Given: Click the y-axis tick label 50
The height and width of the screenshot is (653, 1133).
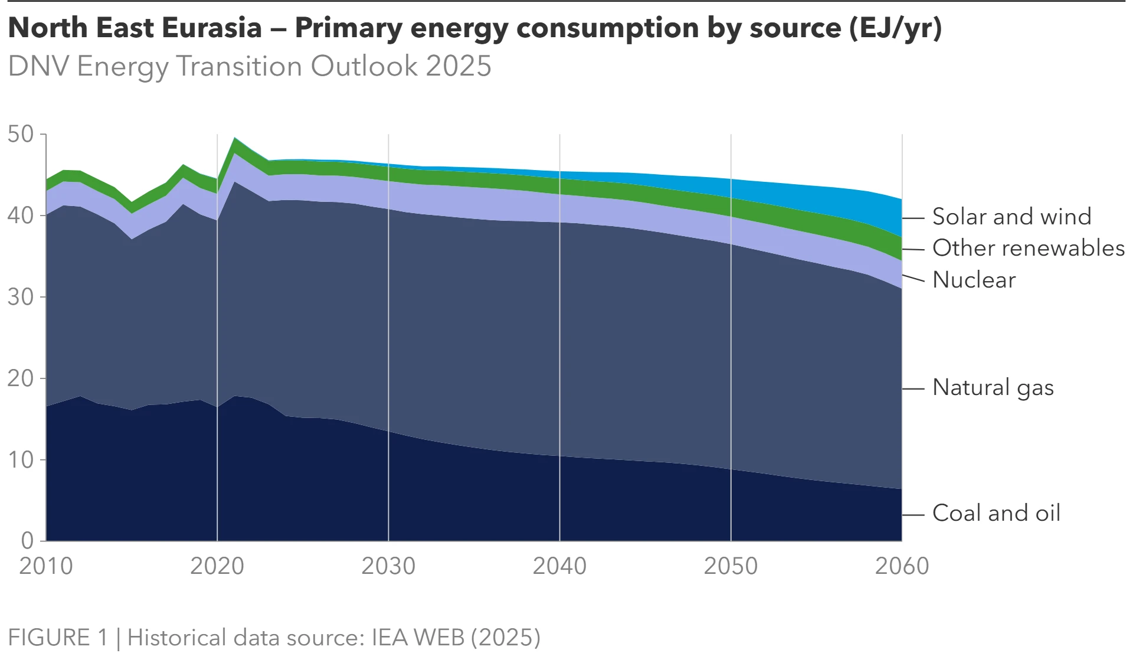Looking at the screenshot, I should [21, 135].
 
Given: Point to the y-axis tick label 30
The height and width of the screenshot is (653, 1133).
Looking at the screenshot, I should [21, 297].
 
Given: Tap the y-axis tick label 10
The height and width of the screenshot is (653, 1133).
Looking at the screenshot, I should [21, 460].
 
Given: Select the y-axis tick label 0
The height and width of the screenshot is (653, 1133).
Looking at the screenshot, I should [28, 541].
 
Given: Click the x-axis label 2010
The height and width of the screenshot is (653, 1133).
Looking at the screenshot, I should [46, 566].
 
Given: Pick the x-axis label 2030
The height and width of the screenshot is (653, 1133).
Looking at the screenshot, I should [388, 566].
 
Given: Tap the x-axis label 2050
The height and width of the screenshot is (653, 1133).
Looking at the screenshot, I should [731, 566].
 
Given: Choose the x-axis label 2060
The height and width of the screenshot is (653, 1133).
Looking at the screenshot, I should [902, 566].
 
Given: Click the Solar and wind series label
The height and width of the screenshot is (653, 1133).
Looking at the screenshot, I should [1011, 217].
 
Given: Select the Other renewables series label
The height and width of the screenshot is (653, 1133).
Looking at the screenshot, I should [1028, 249].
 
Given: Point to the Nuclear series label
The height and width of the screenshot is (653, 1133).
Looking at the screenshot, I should [974, 280].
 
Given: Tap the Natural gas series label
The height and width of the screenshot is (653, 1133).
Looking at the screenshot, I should [993, 388].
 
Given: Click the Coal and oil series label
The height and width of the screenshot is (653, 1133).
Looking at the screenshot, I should [996, 514].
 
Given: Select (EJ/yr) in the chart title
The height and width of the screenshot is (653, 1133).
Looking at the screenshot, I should [895, 28].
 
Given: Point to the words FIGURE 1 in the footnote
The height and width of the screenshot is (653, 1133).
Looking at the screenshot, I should [58, 638].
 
